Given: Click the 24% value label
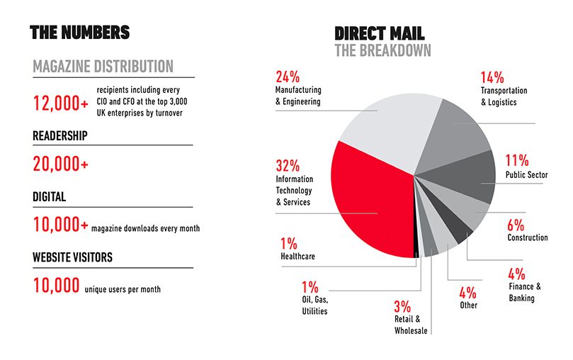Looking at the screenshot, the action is [288, 77].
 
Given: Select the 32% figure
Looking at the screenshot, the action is [288, 166].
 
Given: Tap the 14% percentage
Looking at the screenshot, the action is [492, 77].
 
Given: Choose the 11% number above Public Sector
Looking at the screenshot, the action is [517, 160].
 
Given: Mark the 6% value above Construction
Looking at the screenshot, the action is [516, 225].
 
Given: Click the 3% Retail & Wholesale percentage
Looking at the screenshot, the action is [402, 306].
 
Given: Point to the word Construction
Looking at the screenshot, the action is [528, 237].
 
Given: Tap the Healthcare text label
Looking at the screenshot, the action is [297, 257].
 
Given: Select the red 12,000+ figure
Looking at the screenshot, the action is [61, 103].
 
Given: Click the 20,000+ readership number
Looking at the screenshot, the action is [61, 164].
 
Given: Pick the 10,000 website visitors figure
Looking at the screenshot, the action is [56, 286].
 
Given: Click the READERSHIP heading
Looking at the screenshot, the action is [60, 135].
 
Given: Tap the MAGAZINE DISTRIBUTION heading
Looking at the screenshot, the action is [103, 67].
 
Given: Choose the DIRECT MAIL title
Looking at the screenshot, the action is [380, 33].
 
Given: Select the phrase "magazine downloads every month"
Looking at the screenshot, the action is [145, 228].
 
